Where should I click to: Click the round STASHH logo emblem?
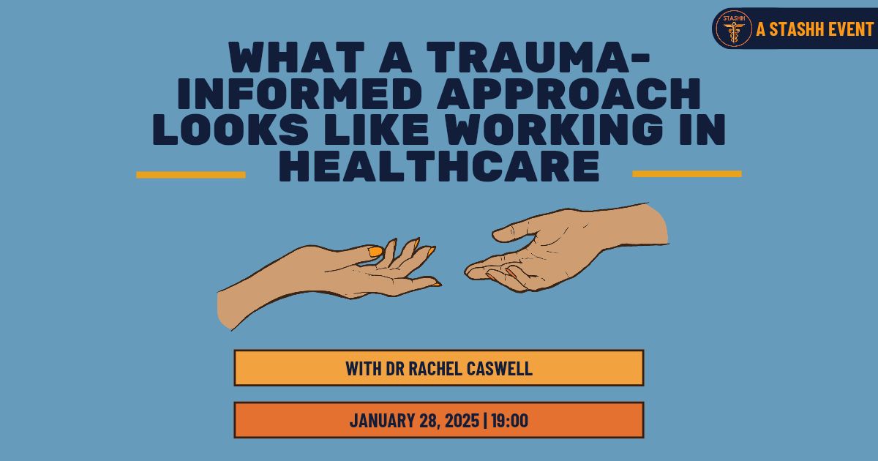tap(734, 29)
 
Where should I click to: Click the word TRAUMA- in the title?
tap(538, 58)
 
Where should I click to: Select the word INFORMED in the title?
tap(300, 94)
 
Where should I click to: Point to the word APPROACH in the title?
tap(569, 94)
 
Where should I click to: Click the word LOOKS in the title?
tap(230, 130)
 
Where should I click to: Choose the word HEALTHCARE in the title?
tap(439, 166)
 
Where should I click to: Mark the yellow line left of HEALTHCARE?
tap(191, 175)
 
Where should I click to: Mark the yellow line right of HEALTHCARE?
tap(687, 173)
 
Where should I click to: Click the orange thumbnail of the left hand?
tap(375, 252)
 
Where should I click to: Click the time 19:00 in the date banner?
tap(509, 420)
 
